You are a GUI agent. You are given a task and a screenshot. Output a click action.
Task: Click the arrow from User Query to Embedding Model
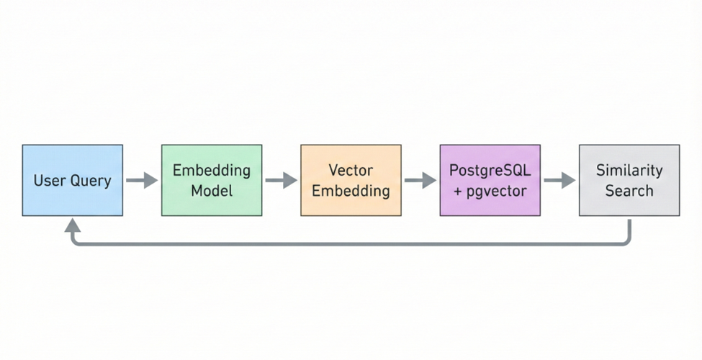[142, 180]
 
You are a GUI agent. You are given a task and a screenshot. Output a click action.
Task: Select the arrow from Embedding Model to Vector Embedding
[281, 180]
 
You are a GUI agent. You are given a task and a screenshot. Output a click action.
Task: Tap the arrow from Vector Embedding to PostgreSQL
[420, 180]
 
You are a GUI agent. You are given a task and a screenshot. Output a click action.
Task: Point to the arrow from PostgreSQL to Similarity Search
[559, 180]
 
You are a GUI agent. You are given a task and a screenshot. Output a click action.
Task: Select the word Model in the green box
[211, 190]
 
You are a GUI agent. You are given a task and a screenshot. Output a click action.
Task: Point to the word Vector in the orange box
[351, 171]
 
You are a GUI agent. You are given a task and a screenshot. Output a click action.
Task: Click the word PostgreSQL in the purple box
[490, 171]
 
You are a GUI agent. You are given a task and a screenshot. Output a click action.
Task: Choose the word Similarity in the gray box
[629, 171]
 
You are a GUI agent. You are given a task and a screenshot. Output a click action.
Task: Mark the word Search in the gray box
[629, 190]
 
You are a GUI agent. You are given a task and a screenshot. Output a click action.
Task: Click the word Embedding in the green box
[211, 171]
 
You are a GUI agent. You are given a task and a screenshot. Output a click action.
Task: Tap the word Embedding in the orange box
[351, 190]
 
